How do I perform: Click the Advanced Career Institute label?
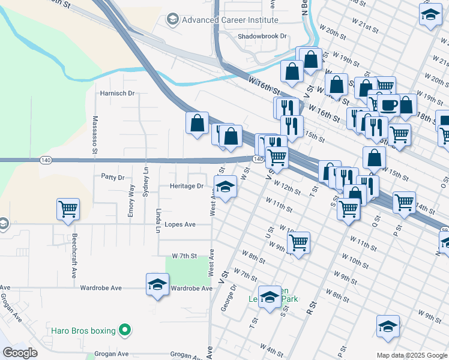click(x=221, y=20)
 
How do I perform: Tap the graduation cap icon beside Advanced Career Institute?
click(x=173, y=20)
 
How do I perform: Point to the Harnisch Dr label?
click(x=116, y=94)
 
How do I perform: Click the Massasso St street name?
click(x=95, y=136)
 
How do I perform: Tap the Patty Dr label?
click(x=112, y=178)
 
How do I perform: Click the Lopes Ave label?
click(x=180, y=224)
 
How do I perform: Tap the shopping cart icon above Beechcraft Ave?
click(x=68, y=209)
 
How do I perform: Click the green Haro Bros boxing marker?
click(x=125, y=329)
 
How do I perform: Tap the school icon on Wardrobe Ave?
click(x=157, y=284)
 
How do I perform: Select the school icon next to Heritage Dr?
click(x=225, y=188)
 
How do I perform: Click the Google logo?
click(x=20, y=353)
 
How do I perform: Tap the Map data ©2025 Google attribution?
click(x=412, y=355)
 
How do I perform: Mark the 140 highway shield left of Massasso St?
click(x=45, y=160)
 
